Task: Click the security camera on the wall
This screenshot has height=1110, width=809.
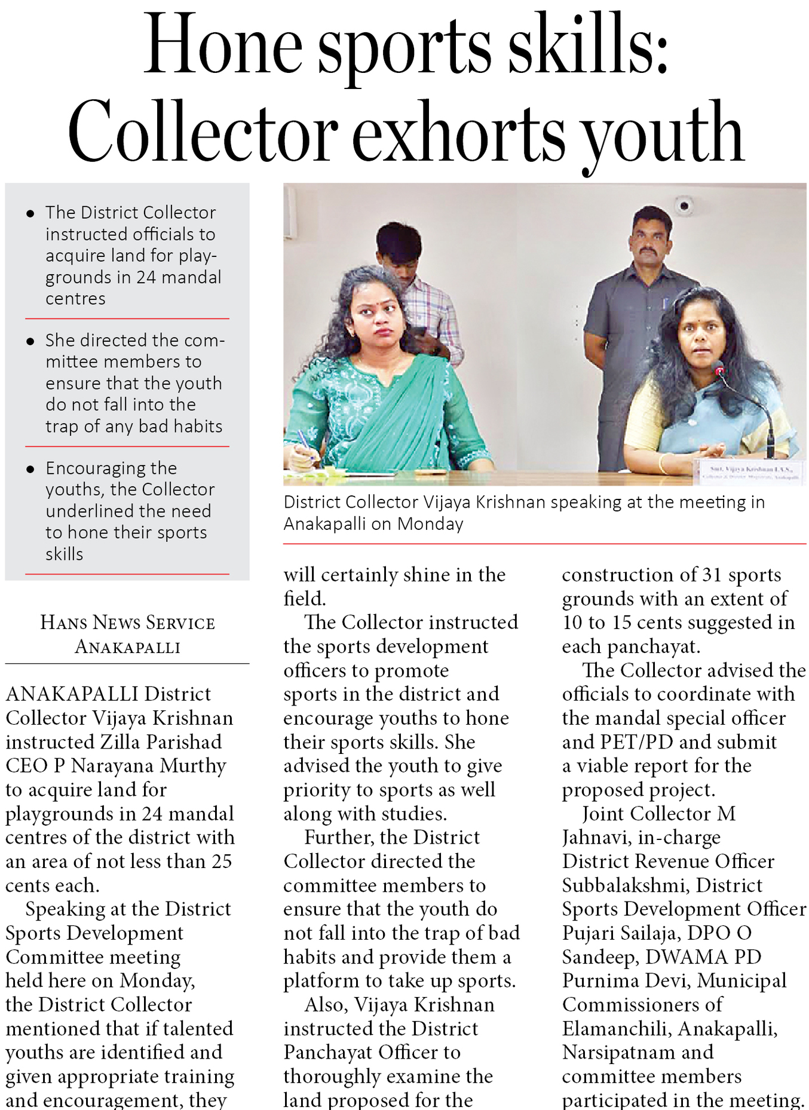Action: (684, 206)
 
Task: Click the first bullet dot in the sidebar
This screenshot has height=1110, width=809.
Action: (30, 213)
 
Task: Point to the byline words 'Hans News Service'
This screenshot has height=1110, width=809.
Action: (127, 623)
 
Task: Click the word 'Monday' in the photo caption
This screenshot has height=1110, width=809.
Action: (430, 524)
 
